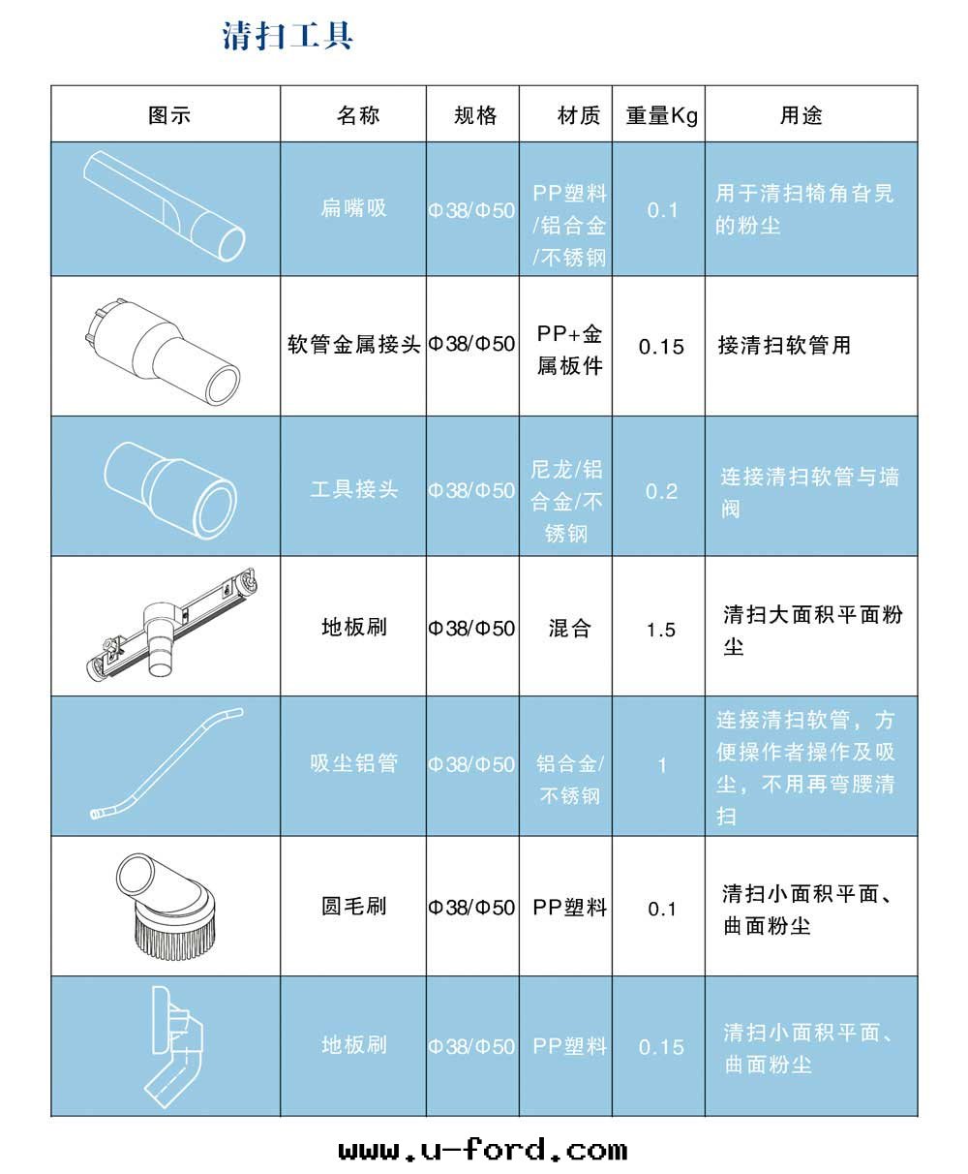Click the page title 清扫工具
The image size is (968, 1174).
coord(287,36)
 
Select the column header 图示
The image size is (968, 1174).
coord(169,115)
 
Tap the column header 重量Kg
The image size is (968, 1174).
coord(661,115)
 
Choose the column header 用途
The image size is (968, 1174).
coord(802,115)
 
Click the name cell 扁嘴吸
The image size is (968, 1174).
coord(354,208)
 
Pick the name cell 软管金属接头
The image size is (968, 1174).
coord(354,345)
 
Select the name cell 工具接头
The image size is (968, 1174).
coord(354,489)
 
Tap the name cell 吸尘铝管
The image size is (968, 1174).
coord(354,763)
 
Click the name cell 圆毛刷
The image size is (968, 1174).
coord(354,907)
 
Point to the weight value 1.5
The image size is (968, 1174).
coord(661,631)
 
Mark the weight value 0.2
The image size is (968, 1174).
coord(661,491)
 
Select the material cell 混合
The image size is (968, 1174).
coord(569,629)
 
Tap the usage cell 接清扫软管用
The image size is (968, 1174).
coord(784,346)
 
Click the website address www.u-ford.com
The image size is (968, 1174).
coord(483,1150)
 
